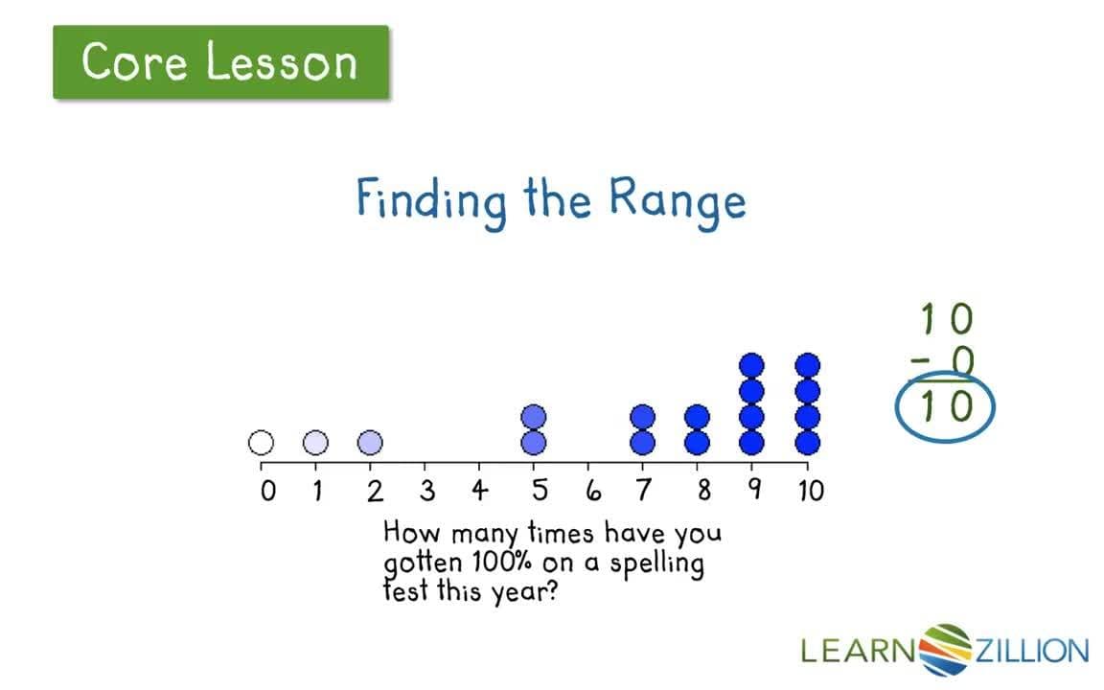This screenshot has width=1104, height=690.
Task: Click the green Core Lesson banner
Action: pyautogui.click(x=220, y=62)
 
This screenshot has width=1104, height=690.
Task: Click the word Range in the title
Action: pyautogui.click(x=677, y=200)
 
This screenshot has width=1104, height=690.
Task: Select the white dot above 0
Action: pyautogui.click(x=261, y=443)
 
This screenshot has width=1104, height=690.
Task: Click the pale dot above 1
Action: pyautogui.click(x=315, y=443)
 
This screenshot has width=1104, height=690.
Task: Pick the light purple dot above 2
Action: pyautogui.click(x=370, y=443)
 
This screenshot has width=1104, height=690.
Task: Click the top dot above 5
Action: pyautogui.click(x=534, y=417)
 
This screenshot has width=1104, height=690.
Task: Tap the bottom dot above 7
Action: pyautogui.click(x=643, y=443)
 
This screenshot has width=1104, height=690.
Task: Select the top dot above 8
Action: pyautogui.click(x=698, y=417)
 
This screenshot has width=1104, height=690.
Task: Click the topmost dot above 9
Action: pyautogui.click(x=752, y=365)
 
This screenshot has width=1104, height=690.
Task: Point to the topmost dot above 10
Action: pyautogui.click(x=808, y=365)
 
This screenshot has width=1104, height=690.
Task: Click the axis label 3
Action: pyautogui.click(x=427, y=492)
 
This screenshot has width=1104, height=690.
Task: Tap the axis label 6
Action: pyautogui.click(x=592, y=492)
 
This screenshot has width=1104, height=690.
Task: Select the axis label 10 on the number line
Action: pyautogui.click(x=810, y=492)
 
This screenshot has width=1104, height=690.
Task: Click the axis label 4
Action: pyautogui.click(x=480, y=492)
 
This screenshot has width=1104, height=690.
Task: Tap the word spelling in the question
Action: pyautogui.click(x=656, y=563)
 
